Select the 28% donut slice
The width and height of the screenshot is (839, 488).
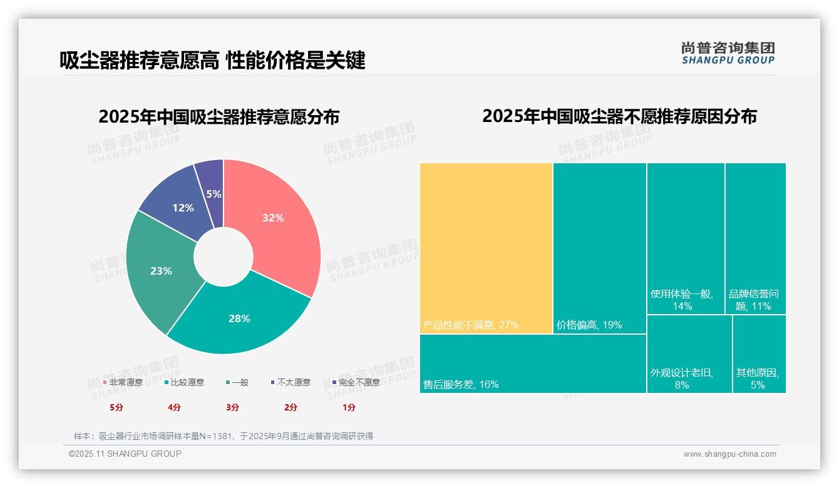click(239, 318)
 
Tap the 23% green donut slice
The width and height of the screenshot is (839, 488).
click(161, 271)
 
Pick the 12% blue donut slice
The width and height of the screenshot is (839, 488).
click(183, 208)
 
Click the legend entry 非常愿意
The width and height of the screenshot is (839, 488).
click(123, 382)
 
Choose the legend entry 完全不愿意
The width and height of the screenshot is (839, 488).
click(356, 382)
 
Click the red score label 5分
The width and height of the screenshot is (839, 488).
click(116, 407)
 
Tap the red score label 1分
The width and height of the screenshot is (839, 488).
click(349, 407)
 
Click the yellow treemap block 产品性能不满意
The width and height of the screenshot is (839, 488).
click(486, 248)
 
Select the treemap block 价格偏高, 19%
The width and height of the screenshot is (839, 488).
click(599, 248)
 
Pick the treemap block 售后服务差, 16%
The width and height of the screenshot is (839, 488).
click(532, 363)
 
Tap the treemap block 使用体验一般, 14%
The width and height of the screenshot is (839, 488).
click(686, 238)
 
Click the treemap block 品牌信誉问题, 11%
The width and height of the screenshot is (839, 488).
click(755, 238)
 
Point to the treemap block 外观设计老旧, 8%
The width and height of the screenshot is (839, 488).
click(689, 353)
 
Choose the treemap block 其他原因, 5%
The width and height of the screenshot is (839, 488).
click(758, 353)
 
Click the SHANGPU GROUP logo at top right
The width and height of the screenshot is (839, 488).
click(728, 53)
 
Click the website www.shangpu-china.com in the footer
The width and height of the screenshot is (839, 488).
click(729, 454)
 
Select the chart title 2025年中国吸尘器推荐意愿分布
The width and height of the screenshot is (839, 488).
click(219, 117)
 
